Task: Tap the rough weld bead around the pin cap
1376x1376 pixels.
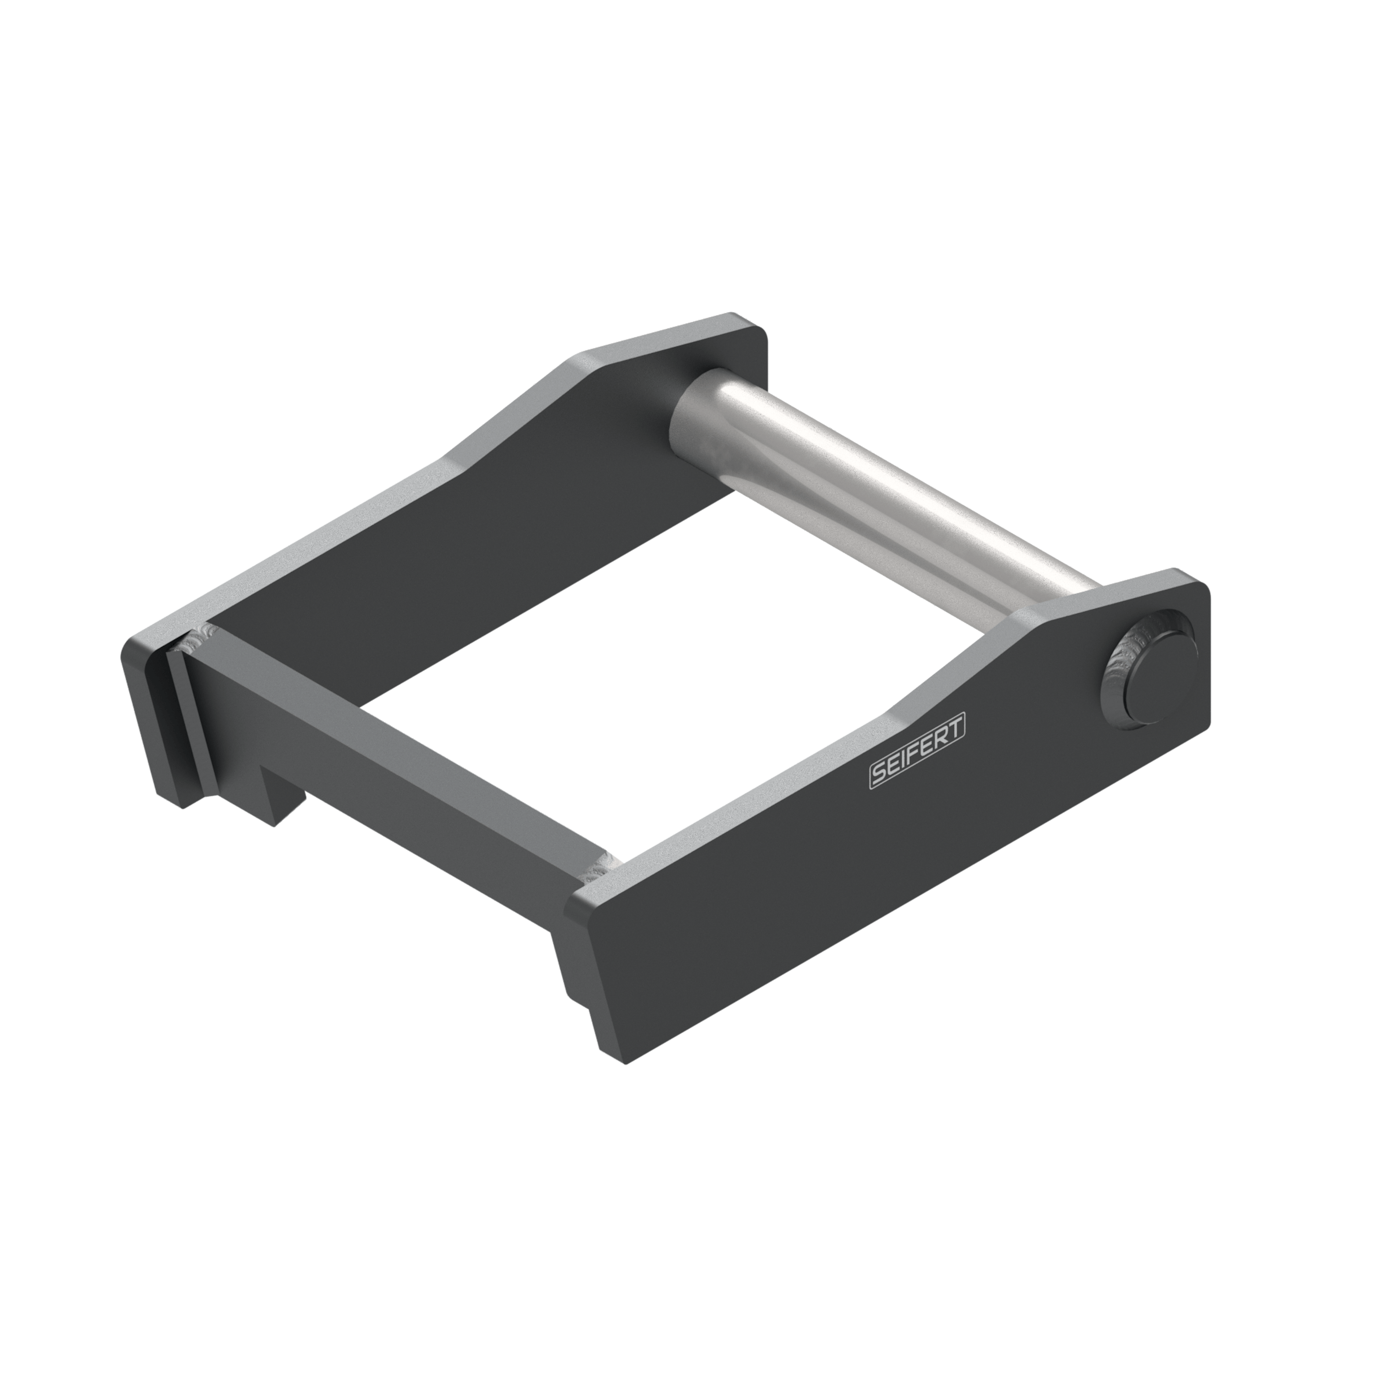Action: pos(1119,677)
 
